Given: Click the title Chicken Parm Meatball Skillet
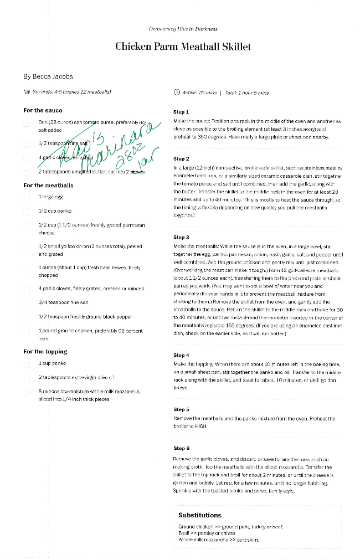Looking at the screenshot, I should (183, 47).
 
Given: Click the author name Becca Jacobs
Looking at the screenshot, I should (48, 76).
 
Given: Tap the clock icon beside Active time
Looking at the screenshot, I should (177, 93).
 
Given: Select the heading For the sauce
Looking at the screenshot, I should (43, 110).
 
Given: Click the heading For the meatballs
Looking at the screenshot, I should (48, 186).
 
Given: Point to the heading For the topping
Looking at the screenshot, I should (45, 352).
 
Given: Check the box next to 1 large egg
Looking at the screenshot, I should (27, 197).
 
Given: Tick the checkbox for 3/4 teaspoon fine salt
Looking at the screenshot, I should (27, 303).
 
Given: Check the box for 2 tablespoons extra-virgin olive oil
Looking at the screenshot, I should (27, 378).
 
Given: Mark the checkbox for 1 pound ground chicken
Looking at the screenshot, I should (27, 331).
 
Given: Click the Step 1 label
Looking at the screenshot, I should (181, 112).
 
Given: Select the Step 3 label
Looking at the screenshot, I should (181, 237).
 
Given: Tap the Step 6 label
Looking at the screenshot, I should (181, 448).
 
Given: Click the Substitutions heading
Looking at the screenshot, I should (199, 515).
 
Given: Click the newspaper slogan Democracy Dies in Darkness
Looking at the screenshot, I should (183, 29).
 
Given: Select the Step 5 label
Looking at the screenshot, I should (181, 410).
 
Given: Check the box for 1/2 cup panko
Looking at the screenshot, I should (27, 211).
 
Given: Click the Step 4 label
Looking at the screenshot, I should (181, 355).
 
